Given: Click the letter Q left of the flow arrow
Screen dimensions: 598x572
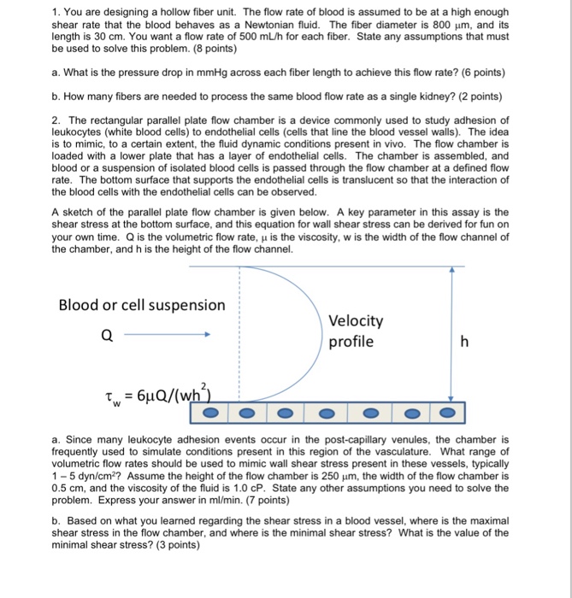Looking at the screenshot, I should (x=106, y=336).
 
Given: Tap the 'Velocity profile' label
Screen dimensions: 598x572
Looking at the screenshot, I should (x=356, y=331).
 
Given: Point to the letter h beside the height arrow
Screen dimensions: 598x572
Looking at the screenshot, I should (x=464, y=342).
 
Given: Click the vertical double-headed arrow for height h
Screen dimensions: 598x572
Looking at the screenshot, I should (x=451, y=333).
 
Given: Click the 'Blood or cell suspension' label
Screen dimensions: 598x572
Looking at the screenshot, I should (x=142, y=305).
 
